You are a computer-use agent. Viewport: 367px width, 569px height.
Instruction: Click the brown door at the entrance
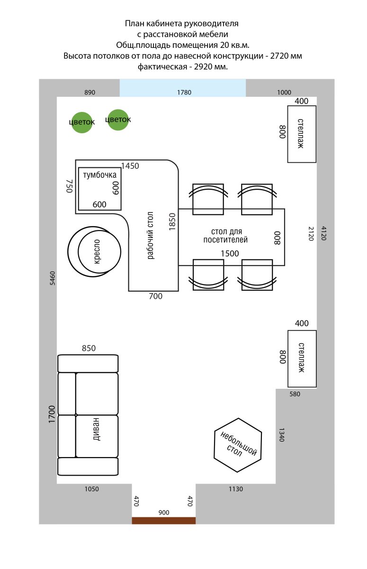click(163, 520)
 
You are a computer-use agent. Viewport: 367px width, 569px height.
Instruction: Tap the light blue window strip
click(183, 88)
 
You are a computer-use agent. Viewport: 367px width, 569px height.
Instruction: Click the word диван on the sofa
click(97, 429)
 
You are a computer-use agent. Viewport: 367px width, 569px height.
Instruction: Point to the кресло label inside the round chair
click(97, 251)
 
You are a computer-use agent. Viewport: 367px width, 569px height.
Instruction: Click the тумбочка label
click(99, 175)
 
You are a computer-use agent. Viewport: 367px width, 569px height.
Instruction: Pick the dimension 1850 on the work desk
click(172, 222)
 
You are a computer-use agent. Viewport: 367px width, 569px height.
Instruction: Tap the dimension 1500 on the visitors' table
click(230, 254)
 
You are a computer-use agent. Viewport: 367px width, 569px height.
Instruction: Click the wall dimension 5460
click(52, 278)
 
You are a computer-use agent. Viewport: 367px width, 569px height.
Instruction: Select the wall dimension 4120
click(323, 233)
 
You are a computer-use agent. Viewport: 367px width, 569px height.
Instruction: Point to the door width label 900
click(164, 513)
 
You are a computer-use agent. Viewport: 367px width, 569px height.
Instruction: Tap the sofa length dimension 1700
click(52, 414)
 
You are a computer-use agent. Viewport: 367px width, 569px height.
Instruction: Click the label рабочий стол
click(151, 236)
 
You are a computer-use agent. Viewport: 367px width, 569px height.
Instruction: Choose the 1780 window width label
click(184, 92)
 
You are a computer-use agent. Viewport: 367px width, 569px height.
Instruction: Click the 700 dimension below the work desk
click(155, 296)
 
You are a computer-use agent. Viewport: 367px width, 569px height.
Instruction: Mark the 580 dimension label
click(295, 394)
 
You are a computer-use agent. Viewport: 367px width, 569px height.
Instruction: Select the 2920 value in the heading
click(203, 66)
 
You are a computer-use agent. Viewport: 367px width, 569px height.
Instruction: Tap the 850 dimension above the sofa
click(89, 348)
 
